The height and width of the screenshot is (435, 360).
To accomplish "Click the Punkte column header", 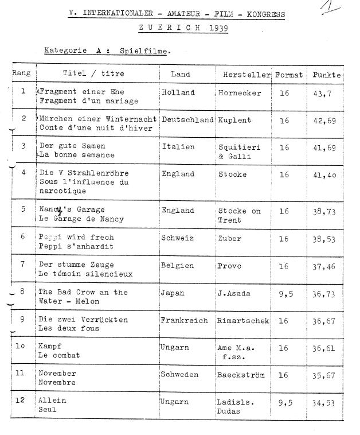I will pyautogui.click(x=326, y=75).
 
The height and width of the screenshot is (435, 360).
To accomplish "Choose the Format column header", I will pyautogui.click(x=289, y=75).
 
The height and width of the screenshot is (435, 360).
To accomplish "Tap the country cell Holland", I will pyautogui.click(x=178, y=92).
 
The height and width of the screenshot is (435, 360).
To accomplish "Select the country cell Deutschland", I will pyautogui.click(x=188, y=119).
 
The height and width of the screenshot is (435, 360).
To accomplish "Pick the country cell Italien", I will pyautogui.click(x=178, y=146).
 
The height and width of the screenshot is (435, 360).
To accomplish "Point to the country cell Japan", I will pyautogui.click(x=174, y=293).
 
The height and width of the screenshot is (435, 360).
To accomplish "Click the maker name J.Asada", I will pyautogui.click(x=233, y=293).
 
